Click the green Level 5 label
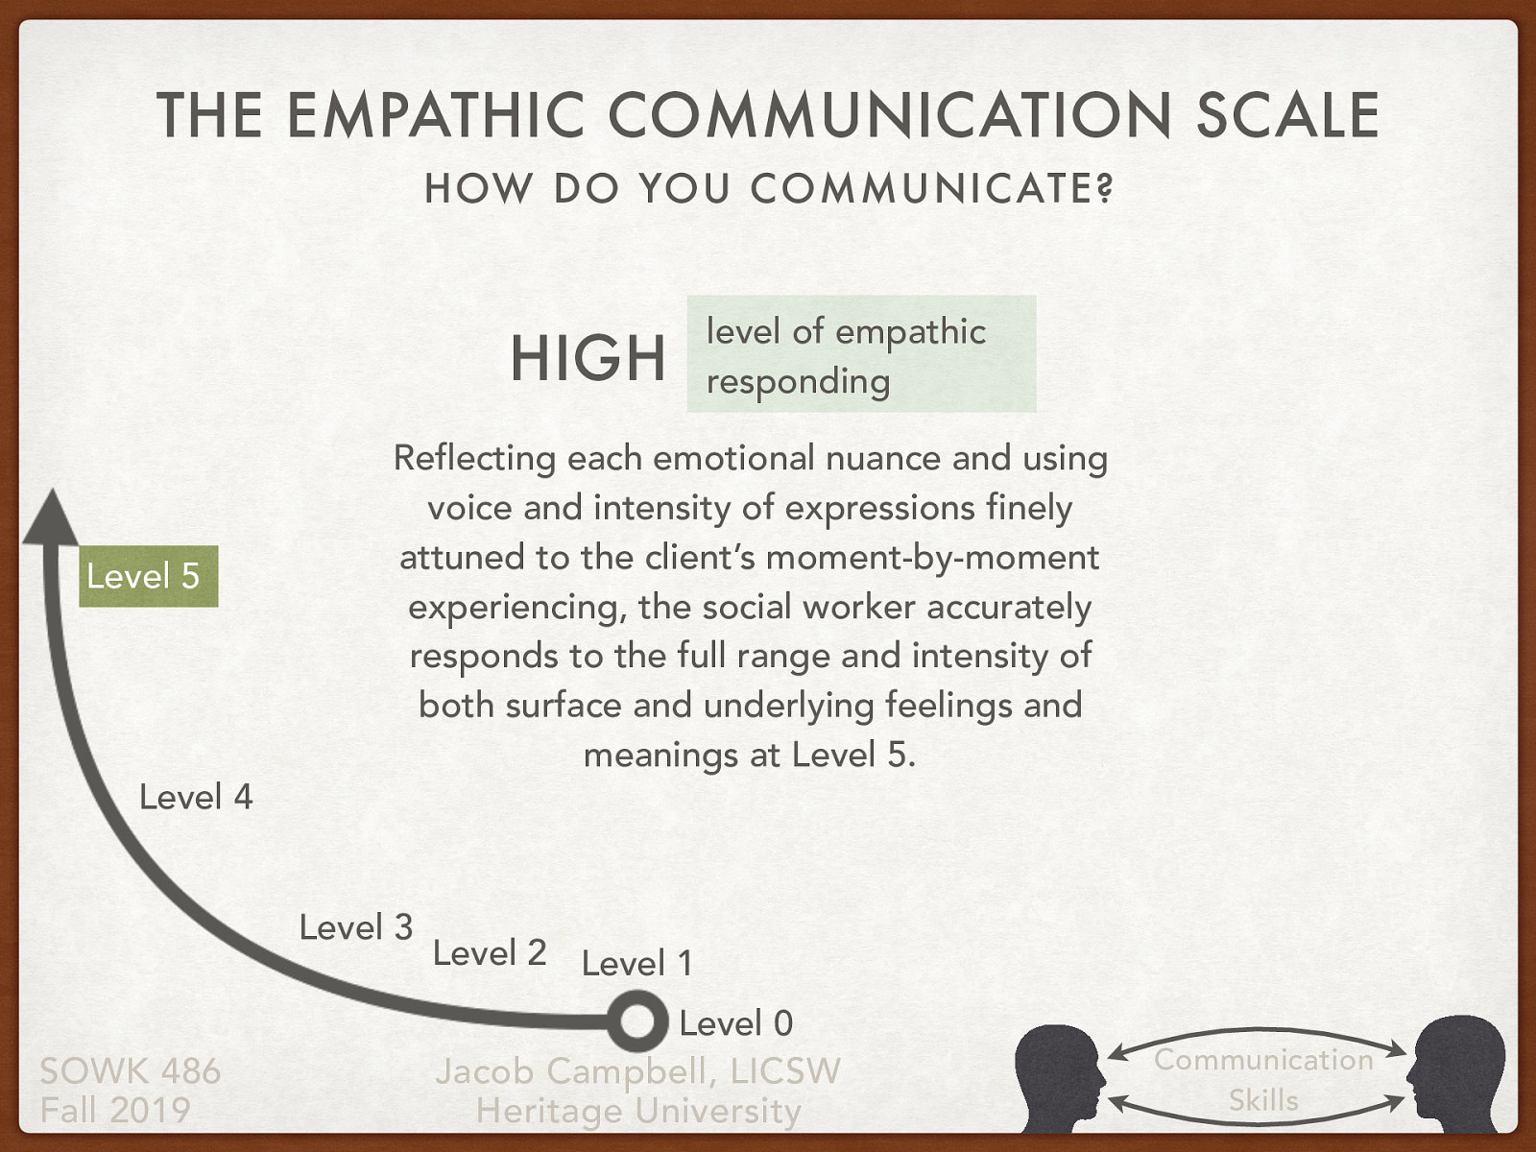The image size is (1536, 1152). (148, 576)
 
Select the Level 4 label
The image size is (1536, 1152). (196, 797)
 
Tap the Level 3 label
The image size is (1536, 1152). (355, 927)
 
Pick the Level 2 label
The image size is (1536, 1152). (490, 952)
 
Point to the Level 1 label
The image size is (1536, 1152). (636, 963)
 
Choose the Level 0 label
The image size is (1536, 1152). (735, 1023)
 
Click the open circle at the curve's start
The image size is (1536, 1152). (636, 1021)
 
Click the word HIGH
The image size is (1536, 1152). (588, 358)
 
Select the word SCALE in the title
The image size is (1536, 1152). (1286, 115)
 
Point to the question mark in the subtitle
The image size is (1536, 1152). (1105, 189)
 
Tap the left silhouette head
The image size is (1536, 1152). (1061, 1075)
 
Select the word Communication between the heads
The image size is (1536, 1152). (1263, 1060)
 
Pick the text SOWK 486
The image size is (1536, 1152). (130, 1071)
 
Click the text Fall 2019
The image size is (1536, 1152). (115, 1111)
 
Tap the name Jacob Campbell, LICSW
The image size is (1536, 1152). (637, 1071)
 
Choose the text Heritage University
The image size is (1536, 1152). (637, 1112)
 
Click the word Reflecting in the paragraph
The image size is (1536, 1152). (474, 459)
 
